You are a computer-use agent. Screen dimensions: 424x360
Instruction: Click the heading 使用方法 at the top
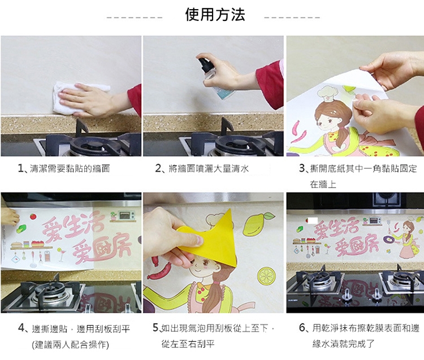tap(215, 15)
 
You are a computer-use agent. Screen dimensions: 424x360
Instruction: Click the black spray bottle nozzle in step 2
tap(204, 63)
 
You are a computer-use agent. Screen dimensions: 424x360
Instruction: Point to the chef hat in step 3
tap(327, 93)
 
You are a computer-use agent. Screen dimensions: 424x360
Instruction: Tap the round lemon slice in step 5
tap(266, 276)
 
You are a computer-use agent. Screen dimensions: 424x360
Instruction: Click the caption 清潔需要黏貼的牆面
tap(70, 168)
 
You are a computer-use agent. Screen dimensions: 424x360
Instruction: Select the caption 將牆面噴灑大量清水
tap(209, 168)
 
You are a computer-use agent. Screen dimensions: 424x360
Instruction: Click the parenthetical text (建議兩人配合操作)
tap(70, 345)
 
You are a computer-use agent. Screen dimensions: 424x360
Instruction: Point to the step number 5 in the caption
tap(155, 328)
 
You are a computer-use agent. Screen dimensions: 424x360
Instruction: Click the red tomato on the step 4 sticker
tap(33, 216)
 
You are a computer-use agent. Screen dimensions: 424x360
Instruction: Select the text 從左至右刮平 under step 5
tap(188, 344)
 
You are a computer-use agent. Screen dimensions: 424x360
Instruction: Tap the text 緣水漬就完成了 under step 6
tap(343, 344)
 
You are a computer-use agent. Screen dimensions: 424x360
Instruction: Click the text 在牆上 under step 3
tap(323, 185)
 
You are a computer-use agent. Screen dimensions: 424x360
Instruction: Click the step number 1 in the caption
tap(20, 168)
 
